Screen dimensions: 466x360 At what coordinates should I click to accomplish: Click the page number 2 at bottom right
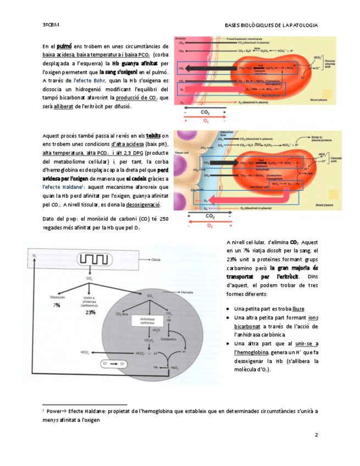click(317, 435)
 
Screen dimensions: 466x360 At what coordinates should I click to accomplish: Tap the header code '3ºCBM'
click(51, 25)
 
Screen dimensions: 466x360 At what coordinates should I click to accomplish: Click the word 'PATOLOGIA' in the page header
click(302, 25)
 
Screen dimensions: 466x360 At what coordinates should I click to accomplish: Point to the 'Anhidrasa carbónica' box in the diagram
click(146, 321)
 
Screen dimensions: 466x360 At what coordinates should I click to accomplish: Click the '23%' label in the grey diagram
click(90, 312)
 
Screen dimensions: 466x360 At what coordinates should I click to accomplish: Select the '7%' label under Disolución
click(57, 305)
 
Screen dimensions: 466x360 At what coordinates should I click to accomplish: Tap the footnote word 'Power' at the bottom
click(54, 410)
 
